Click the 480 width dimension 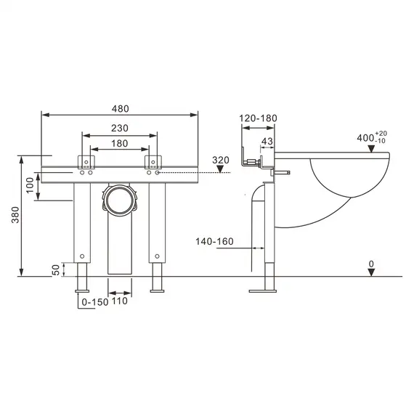(120, 108)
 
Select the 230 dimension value (120, 128)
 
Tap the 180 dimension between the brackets (120, 143)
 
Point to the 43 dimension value (266, 141)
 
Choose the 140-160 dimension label (214, 242)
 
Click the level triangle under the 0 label (371, 272)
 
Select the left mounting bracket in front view (87, 161)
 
